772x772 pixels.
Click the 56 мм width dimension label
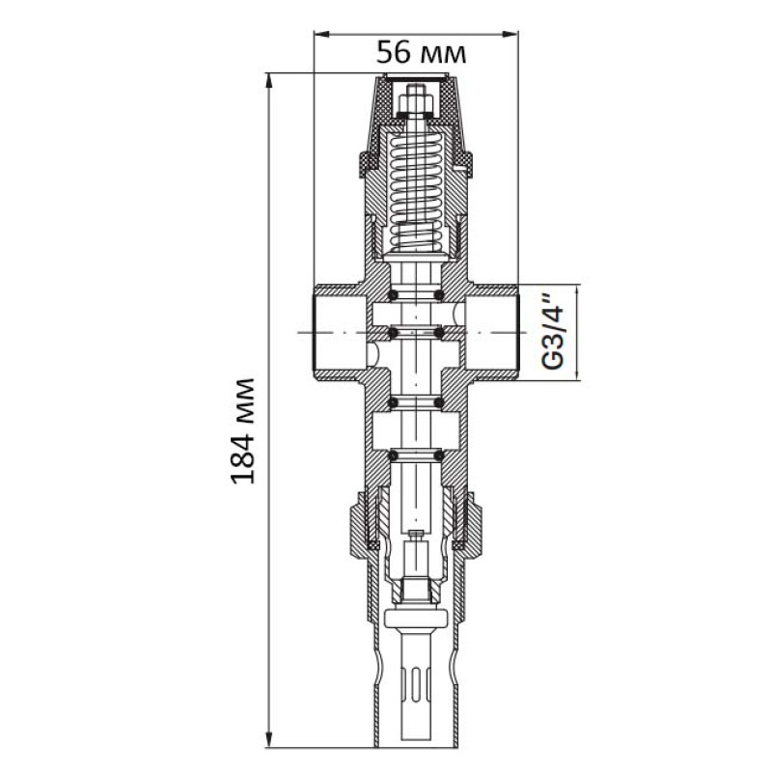pos(421,53)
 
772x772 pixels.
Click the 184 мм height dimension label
pos(243,430)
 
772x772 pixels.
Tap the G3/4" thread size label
pos(552,332)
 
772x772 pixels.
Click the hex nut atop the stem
pos(416,103)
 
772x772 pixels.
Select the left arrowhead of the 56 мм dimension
pos(321,34)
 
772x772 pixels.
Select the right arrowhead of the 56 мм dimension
pos(510,34)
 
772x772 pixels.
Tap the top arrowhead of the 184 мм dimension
pos(269,81)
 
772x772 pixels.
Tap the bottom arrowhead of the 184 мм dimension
pos(269,752)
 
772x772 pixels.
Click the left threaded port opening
pos(340,332)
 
